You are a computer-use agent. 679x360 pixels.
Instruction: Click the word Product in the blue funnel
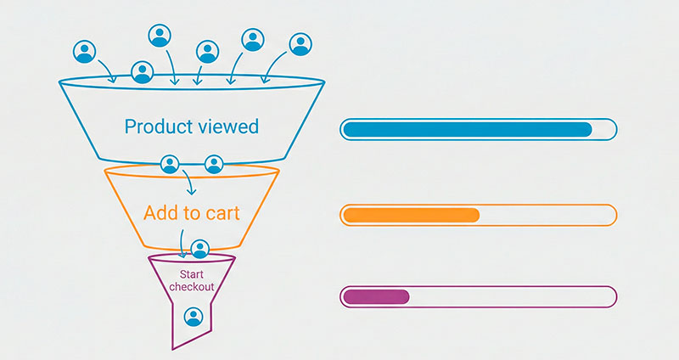click(x=159, y=127)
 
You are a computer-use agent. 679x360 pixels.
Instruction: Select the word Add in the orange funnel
click(x=160, y=213)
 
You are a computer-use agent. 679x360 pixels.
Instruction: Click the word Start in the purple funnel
click(x=192, y=274)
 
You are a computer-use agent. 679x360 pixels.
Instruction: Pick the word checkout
click(x=192, y=287)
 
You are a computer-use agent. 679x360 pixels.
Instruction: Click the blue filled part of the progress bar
click(x=468, y=130)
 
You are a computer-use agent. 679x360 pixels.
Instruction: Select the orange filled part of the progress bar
click(x=412, y=216)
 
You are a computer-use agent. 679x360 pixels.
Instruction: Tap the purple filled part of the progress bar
click(x=376, y=297)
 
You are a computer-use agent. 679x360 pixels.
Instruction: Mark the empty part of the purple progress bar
click(x=512, y=297)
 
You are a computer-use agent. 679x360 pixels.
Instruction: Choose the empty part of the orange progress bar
click(x=547, y=216)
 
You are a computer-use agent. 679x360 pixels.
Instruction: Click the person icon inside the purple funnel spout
click(x=194, y=317)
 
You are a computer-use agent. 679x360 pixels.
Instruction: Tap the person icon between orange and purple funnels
click(x=199, y=249)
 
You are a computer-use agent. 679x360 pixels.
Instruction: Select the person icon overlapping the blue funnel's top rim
click(x=143, y=72)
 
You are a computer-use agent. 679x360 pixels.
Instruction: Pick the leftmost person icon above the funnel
click(x=84, y=52)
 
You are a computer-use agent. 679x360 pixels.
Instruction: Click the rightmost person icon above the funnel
click(x=300, y=44)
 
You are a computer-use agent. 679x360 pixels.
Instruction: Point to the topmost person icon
click(x=160, y=36)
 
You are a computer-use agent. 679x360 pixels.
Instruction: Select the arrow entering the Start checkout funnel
click(x=182, y=244)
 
